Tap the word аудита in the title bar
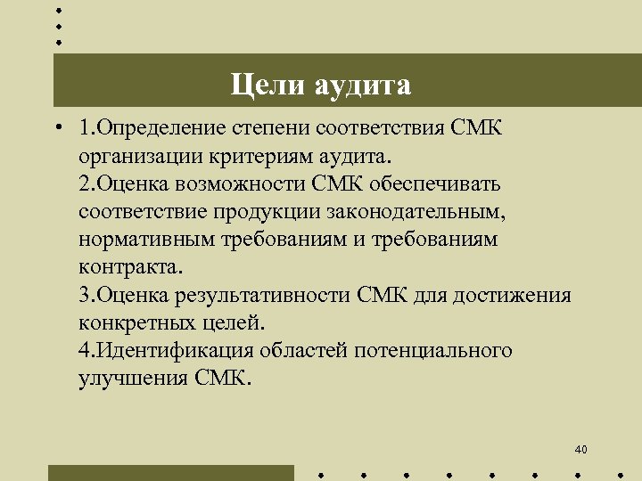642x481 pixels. click(x=362, y=86)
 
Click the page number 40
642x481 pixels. click(x=581, y=449)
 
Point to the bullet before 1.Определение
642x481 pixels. click(x=56, y=127)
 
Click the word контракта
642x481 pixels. click(x=129, y=267)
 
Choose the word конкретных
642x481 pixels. click(x=128, y=322)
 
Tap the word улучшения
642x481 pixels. click(x=128, y=378)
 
